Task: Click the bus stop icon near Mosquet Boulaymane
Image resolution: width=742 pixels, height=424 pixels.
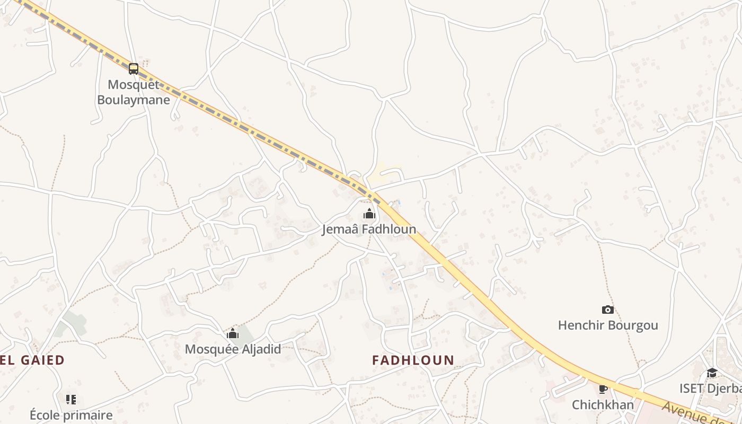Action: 134,68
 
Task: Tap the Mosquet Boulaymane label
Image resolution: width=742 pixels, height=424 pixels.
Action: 134,92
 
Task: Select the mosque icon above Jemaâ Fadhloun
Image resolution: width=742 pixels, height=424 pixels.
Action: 369,214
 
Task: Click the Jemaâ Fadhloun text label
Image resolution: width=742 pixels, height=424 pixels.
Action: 369,229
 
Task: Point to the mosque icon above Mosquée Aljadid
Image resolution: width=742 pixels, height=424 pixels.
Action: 233,333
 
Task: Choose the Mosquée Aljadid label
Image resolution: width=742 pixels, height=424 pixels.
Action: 233,349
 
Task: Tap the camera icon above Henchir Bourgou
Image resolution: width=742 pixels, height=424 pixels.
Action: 608,310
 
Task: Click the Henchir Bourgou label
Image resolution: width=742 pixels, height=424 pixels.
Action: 608,325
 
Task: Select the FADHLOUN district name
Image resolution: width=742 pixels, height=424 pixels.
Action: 413,360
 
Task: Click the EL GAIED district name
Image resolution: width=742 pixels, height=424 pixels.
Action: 32,360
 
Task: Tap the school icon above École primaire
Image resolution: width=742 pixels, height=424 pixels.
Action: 71,399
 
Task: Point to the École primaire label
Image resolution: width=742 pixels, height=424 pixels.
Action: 71,415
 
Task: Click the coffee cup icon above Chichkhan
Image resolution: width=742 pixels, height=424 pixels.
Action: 603,389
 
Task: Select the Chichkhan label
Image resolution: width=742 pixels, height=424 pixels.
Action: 603,405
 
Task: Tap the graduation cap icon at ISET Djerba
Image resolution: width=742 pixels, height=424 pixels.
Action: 712,373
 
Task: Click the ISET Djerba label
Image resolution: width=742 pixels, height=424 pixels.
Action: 710,388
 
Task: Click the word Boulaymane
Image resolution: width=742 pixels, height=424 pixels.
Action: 134,100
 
